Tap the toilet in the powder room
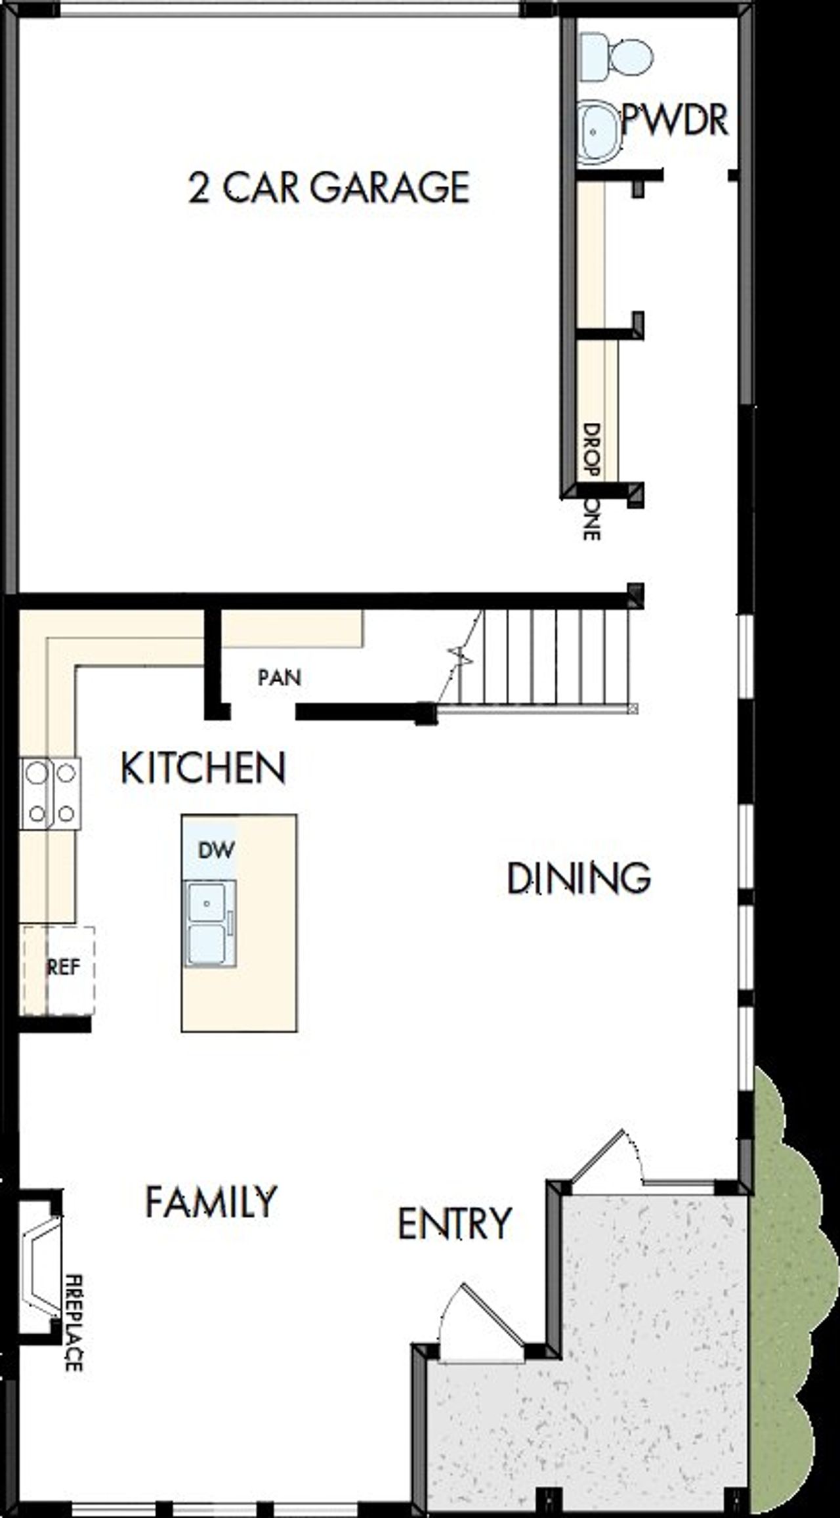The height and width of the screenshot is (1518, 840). coord(617,58)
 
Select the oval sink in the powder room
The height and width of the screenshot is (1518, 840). coord(598,131)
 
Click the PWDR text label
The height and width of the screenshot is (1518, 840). coord(675,121)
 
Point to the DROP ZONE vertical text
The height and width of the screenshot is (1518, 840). coord(591,481)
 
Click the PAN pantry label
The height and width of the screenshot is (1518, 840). coord(280,677)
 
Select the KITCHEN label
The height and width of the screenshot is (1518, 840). coord(203,768)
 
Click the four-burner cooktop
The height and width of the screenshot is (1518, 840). coord(51,793)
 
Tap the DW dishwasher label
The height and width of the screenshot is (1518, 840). coord(216,850)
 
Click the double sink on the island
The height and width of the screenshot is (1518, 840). coord(209,924)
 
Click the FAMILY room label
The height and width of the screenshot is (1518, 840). coord(211,1201)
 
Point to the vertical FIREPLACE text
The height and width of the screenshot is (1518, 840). coord(73,1324)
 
